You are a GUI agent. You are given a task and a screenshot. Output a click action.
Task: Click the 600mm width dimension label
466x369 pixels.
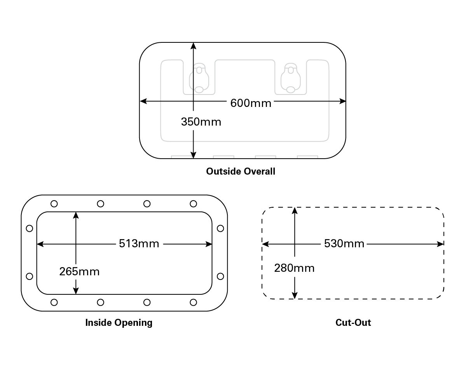[x=251, y=103]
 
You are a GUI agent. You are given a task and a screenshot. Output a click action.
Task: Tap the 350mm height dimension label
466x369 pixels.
[x=201, y=122]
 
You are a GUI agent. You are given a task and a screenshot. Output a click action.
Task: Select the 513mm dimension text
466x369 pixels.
[x=139, y=244]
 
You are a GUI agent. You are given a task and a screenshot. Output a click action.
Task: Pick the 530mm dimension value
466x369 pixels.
[x=344, y=244]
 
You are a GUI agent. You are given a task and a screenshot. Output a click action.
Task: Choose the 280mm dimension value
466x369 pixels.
[x=294, y=268]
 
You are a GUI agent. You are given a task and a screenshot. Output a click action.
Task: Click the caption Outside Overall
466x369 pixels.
[x=241, y=171]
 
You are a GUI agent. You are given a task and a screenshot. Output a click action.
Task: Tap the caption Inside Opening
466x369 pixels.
[x=119, y=323]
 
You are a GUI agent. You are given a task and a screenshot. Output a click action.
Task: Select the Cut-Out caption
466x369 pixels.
[x=353, y=323]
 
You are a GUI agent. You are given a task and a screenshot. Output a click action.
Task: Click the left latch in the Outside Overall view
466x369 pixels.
[x=199, y=78]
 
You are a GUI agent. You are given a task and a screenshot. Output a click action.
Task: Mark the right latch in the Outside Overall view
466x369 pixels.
[x=290, y=78]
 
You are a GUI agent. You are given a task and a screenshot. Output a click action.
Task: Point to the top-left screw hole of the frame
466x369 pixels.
[x=54, y=203]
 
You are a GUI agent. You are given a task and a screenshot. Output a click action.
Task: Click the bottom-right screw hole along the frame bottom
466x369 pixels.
[x=194, y=302]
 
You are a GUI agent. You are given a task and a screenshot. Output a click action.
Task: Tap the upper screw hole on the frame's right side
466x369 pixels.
[x=220, y=228]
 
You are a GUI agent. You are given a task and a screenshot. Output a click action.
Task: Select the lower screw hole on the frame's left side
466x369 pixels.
[x=29, y=276]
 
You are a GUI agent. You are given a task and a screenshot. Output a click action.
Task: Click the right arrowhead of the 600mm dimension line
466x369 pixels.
[x=343, y=101]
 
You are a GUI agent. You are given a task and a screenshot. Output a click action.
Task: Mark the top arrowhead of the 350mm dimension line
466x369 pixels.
[x=194, y=45]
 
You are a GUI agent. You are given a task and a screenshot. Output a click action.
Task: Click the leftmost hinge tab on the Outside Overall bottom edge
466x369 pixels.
[x=182, y=157]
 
